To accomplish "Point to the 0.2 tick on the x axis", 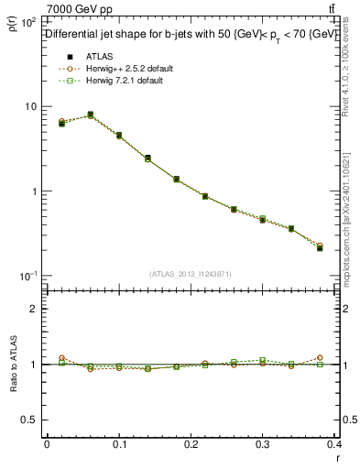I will pyautogui.click(x=191, y=444).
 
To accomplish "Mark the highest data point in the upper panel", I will pyautogui.click(x=90, y=115).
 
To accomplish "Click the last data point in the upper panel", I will pyautogui.click(x=320, y=247).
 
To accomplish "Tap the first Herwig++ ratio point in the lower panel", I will pyautogui.click(x=61, y=358).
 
